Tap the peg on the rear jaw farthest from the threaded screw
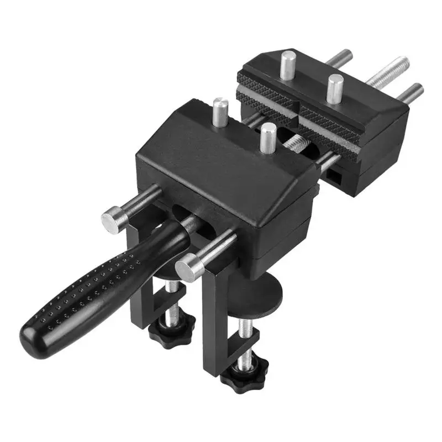click(288, 64)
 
